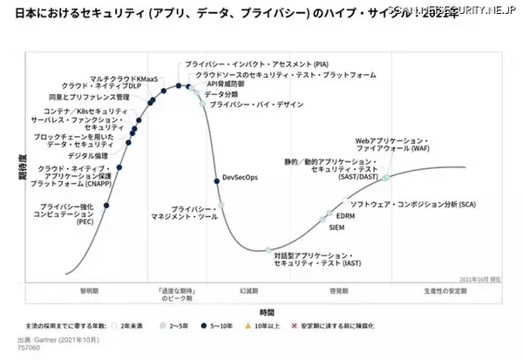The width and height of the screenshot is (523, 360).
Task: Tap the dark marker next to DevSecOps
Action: click(x=216, y=180)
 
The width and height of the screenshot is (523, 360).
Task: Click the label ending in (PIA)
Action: click(x=246, y=65)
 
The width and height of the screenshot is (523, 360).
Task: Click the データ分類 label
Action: click(x=221, y=93)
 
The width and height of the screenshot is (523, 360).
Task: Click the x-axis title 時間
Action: click(x=267, y=311)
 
